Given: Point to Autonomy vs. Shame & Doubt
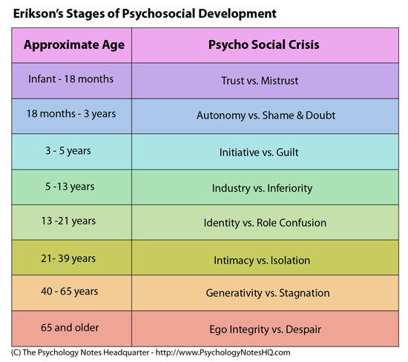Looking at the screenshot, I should coord(266,115).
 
